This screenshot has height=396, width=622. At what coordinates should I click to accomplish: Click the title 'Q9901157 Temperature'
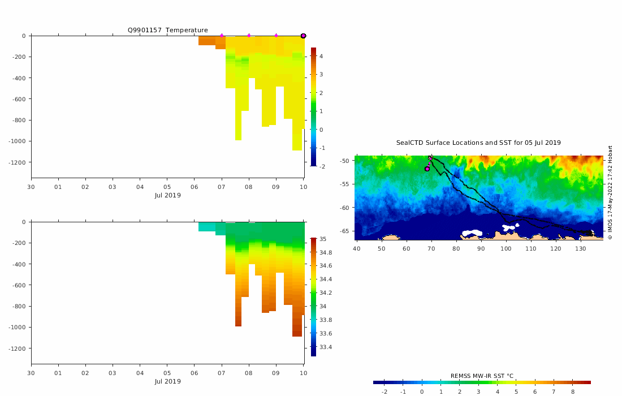[167, 30]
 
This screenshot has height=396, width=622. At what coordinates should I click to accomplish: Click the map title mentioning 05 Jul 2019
[478, 143]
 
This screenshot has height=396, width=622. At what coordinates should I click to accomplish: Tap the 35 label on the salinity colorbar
[323, 239]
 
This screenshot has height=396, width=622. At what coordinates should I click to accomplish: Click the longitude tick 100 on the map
[506, 248]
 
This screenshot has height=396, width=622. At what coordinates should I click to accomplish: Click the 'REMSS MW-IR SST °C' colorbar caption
[482, 376]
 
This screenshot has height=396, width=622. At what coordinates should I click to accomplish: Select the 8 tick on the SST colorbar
[573, 391]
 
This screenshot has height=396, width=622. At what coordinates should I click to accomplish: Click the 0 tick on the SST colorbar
[422, 391]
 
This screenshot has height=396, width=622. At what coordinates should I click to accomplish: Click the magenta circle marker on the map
[427, 169]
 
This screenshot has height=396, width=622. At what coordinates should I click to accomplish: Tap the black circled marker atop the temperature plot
[303, 36]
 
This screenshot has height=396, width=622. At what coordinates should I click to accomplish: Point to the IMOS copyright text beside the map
[610, 192]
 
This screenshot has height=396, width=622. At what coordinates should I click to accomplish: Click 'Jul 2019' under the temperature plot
[168, 195]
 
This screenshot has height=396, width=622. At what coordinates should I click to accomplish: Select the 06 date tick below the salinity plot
[195, 373]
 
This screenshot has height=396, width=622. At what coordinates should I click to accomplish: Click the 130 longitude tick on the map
[580, 248]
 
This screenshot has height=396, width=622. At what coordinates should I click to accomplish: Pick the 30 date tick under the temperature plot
[31, 187]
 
